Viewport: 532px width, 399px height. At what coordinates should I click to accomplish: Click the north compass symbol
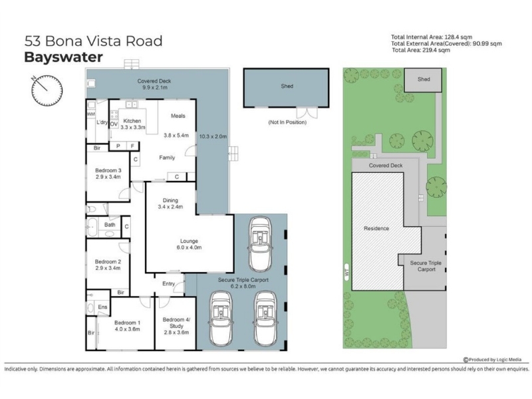pos(47,90)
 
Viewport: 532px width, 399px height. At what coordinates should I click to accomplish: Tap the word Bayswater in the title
pos(63,57)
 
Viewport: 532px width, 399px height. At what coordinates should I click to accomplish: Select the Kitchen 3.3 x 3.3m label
pos(132,124)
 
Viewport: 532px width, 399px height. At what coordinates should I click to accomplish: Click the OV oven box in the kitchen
pos(114,124)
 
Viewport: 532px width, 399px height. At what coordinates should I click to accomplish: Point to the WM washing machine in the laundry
pos(91,114)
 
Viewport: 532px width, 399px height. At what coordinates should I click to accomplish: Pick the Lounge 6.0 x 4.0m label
pos(189,244)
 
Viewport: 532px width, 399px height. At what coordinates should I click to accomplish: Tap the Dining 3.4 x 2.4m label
pos(170,203)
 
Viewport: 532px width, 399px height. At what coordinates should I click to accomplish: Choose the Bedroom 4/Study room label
pos(176,326)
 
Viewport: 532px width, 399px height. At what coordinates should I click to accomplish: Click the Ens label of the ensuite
pos(102,307)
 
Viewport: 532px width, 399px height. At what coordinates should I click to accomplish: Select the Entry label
pos(169,284)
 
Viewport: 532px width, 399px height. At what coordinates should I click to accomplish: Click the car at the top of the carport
pos(260,244)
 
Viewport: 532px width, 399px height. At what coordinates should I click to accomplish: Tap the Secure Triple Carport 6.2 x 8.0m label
pos(243,283)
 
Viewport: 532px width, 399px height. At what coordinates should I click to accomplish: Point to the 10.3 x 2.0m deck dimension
pos(213,136)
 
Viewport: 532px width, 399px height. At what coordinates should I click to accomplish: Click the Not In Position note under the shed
pos(287,122)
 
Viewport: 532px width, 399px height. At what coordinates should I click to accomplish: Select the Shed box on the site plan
pos(423,80)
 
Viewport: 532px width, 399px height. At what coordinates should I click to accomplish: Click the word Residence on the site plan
pos(376,228)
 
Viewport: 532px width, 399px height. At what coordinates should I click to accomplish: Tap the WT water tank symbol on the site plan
pos(346,272)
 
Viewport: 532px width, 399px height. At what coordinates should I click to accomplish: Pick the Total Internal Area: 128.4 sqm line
pos(431,37)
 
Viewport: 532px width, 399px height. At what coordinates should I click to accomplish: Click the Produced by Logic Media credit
pos(492,360)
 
